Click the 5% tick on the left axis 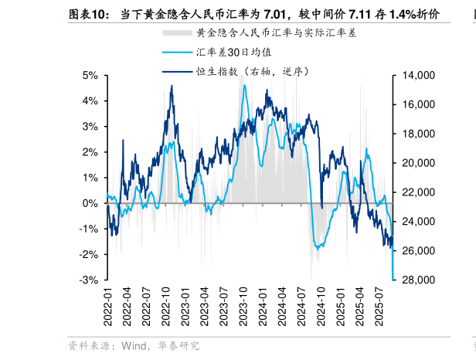tap(90, 76)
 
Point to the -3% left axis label tap(89, 280)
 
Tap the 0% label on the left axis tap(90, 203)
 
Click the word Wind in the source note tap(130, 345)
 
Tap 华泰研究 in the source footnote tap(178, 345)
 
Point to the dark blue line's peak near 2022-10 tap(172, 87)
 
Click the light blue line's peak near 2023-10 tap(244, 86)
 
